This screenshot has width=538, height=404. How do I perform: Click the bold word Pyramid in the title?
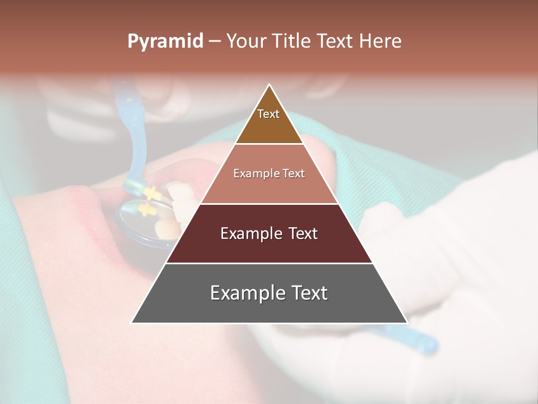tap(165, 42)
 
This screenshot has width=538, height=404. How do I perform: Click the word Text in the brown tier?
tap(268, 114)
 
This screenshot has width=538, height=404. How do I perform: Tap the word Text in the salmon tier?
tap(293, 173)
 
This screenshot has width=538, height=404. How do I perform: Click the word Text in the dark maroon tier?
tap(303, 233)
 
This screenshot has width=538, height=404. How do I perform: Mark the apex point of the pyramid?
tap(270, 85)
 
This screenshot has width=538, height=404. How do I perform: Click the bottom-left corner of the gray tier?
tap(132, 323)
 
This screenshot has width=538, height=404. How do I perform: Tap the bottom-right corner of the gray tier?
tap(407, 323)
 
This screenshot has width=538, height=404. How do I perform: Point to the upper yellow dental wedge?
tap(151, 193)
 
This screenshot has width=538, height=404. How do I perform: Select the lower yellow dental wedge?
tap(147, 210)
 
